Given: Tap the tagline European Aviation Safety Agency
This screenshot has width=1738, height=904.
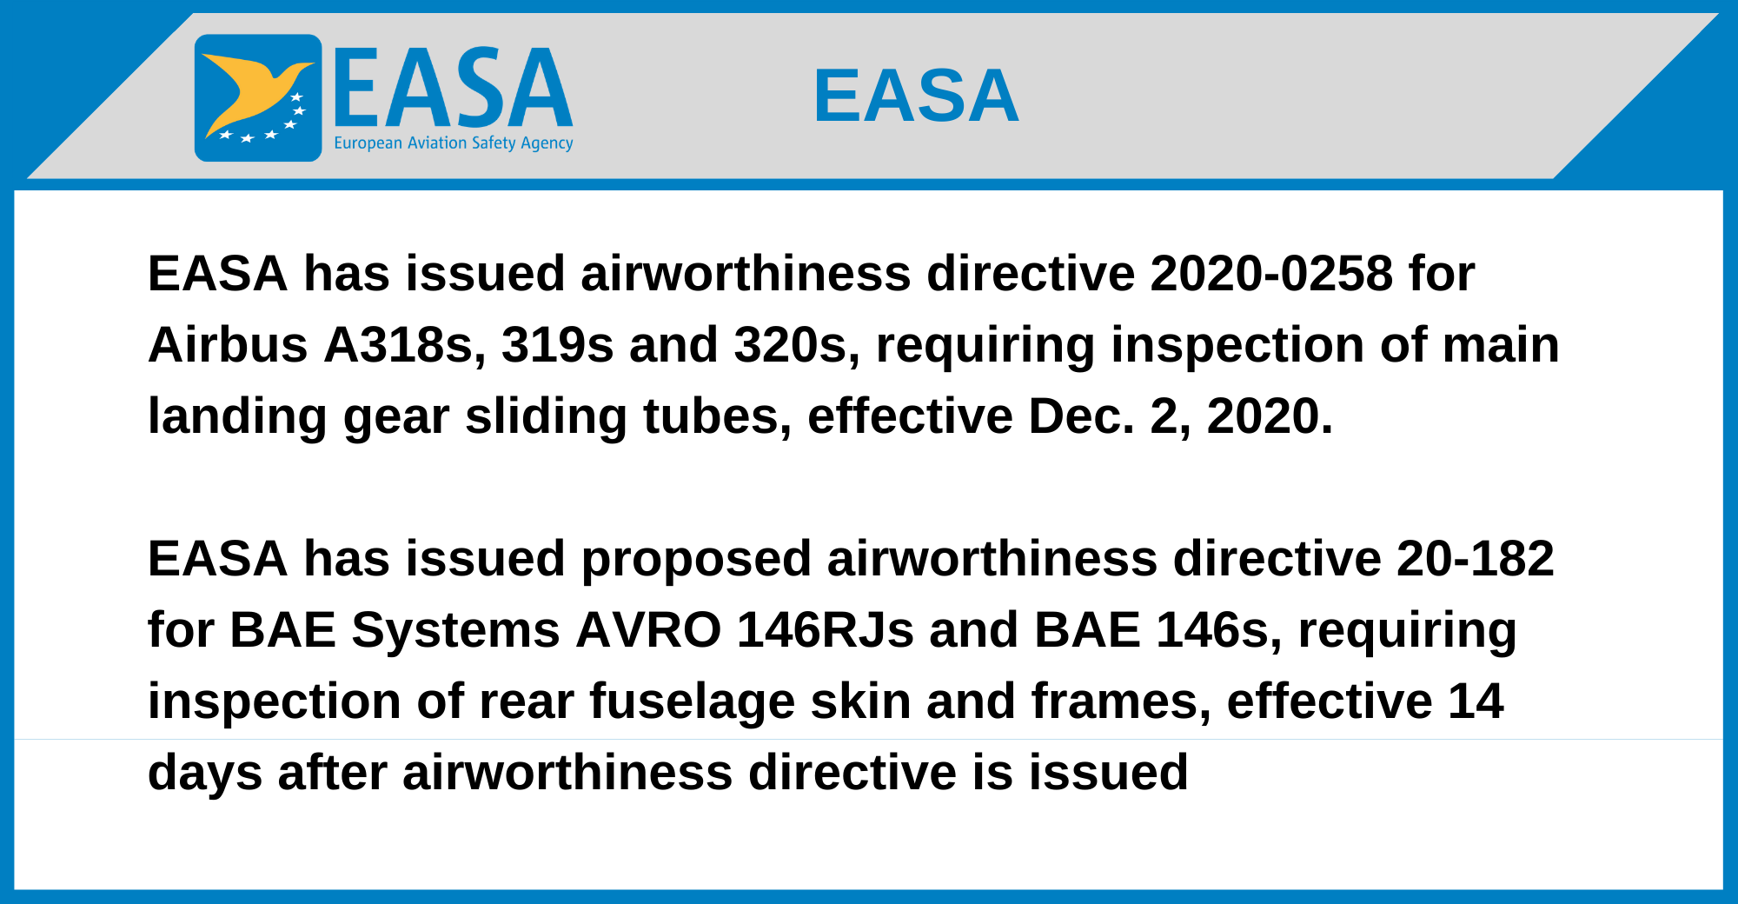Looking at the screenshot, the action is (x=454, y=143).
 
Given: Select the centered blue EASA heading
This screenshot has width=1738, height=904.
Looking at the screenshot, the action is (x=916, y=96).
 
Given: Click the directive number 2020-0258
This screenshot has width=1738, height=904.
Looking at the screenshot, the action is (x=1271, y=274).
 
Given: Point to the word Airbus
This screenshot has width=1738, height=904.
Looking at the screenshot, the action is (x=229, y=345).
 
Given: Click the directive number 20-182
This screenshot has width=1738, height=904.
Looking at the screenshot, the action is (x=1476, y=559).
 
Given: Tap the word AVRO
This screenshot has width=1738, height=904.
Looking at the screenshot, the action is (x=648, y=630).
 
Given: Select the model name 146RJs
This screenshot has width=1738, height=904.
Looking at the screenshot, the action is (x=826, y=630).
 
